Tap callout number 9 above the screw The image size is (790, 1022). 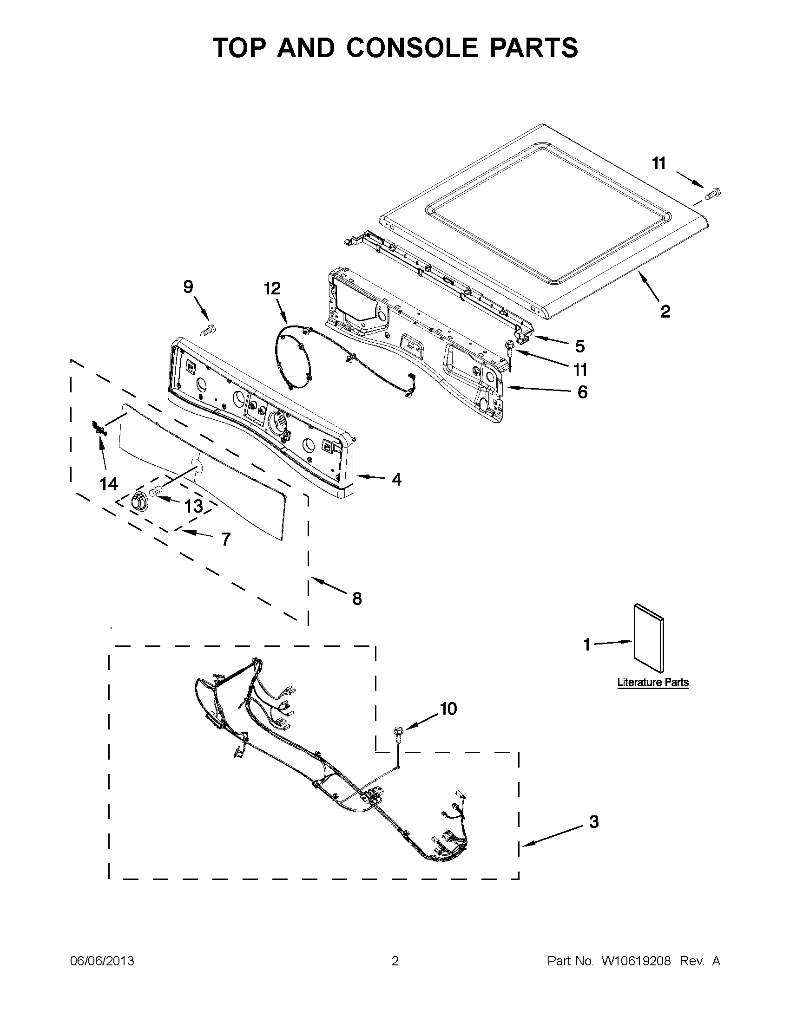tap(188, 286)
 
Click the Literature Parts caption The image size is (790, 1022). tap(653, 682)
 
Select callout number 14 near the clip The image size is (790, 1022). tap(109, 484)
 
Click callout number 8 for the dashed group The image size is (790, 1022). tap(357, 598)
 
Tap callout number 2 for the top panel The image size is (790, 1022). tap(665, 311)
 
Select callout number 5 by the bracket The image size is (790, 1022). tap(580, 346)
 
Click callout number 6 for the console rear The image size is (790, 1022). tap(582, 392)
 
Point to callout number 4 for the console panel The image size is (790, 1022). tap(396, 479)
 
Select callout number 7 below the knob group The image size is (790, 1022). tap(226, 540)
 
